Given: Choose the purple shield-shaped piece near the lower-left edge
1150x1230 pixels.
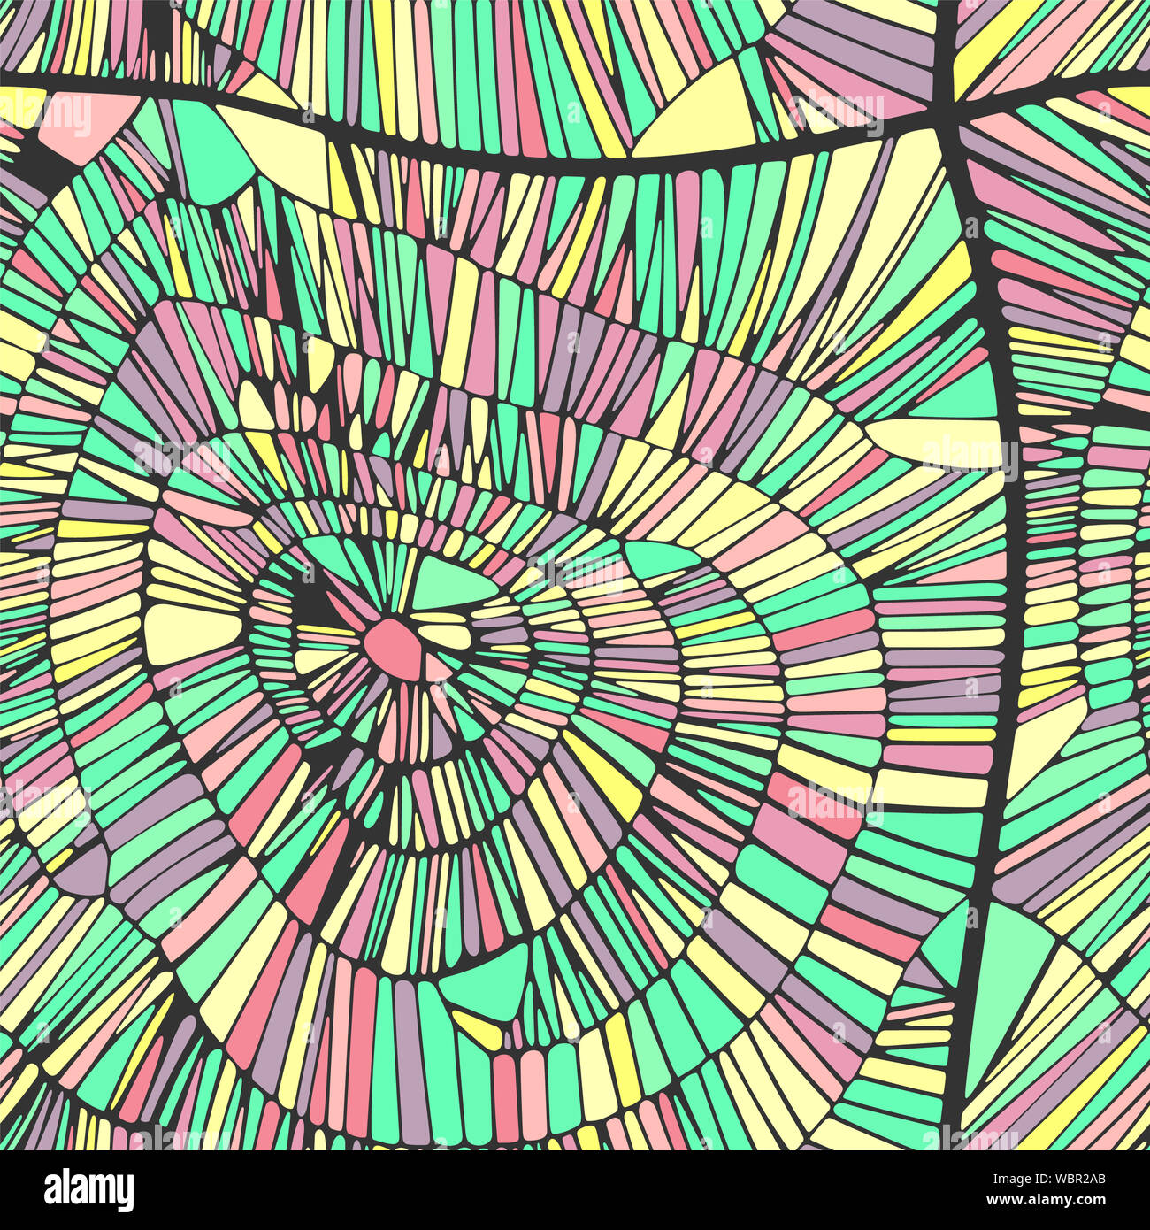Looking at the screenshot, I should tap(84, 867).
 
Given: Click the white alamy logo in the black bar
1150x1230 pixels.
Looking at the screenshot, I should tap(88, 1189).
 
